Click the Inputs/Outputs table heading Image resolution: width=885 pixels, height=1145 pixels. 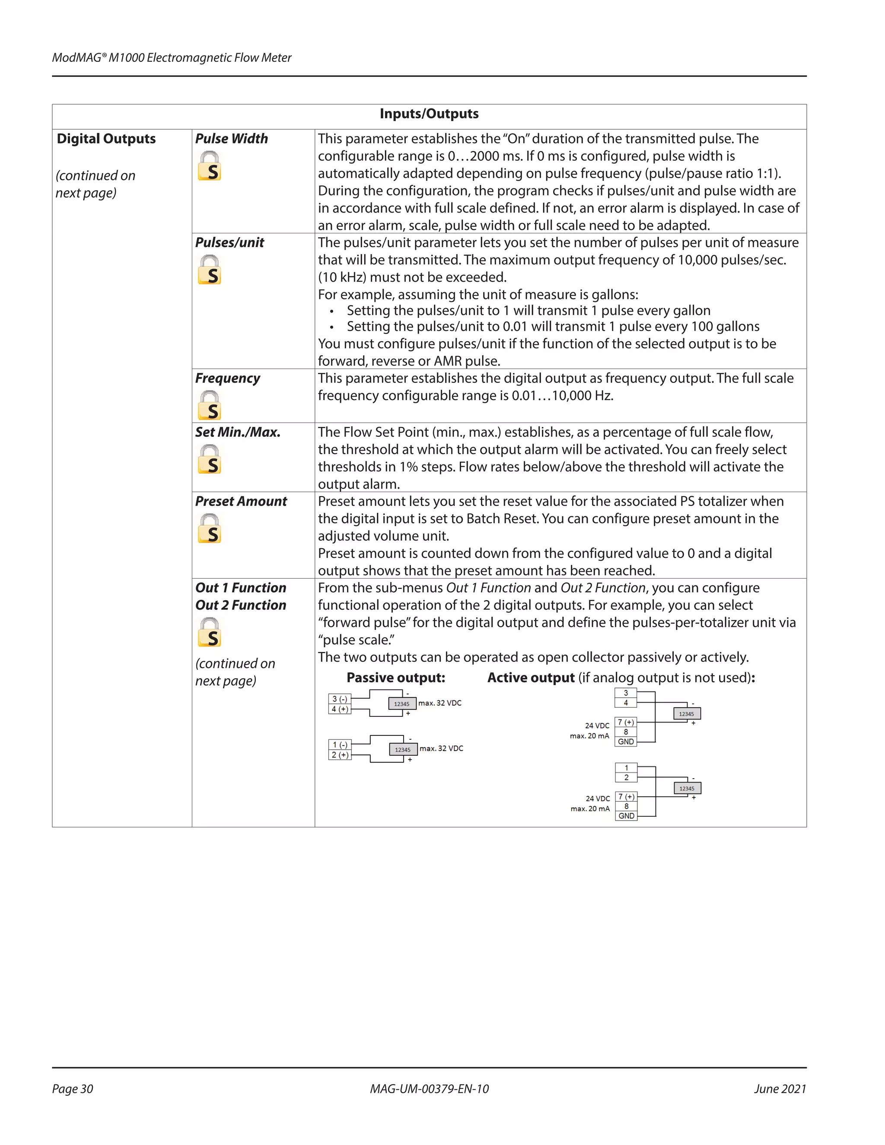[x=429, y=114]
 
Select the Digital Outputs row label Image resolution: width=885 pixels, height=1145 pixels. [x=106, y=139]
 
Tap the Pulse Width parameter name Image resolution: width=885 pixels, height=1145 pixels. [x=231, y=139]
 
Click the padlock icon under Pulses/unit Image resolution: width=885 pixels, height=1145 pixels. [x=209, y=270]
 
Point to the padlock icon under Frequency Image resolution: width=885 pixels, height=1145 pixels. [x=209, y=405]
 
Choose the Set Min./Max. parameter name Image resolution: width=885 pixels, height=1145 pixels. [x=238, y=433]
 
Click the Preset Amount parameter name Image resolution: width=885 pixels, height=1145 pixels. [x=241, y=502]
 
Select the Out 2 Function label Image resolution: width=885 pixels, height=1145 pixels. [x=241, y=605]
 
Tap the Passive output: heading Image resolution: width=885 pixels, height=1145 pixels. [x=396, y=678]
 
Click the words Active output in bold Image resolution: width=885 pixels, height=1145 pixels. [x=531, y=678]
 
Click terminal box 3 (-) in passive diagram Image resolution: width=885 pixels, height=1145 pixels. [x=340, y=699]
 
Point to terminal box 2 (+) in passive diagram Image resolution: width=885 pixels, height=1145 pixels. [x=340, y=755]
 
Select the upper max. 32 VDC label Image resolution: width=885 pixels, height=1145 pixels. [x=440, y=703]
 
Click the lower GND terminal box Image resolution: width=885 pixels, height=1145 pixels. [x=626, y=816]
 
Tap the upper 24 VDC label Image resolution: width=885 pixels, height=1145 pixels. [x=597, y=725]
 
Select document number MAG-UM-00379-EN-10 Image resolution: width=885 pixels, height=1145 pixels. [x=429, y=1089]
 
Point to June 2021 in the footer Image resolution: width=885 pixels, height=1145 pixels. [x=780, y=1089]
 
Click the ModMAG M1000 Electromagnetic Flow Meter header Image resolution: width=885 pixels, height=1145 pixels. [x=172, y=57]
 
